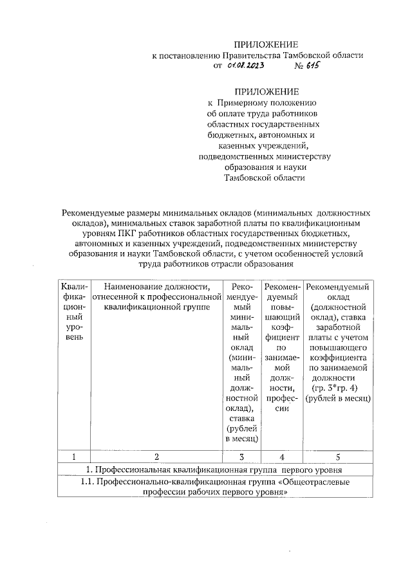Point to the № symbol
point(299,66)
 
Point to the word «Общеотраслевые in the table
point(315,480)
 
